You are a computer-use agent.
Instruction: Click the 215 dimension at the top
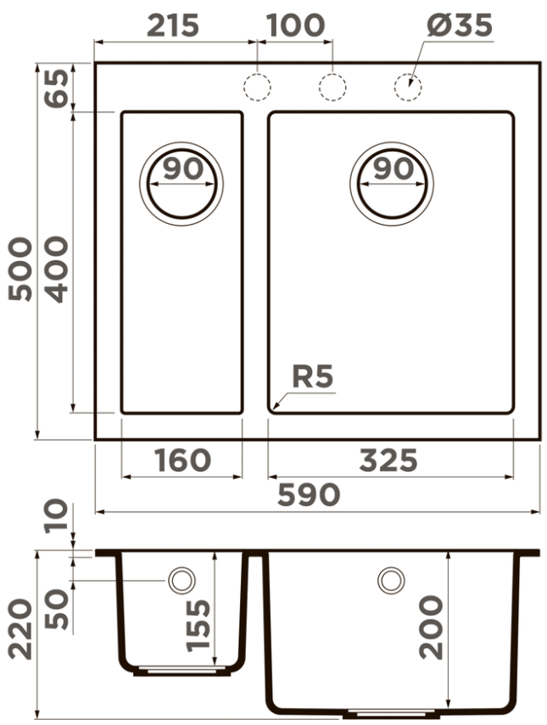(173, 25)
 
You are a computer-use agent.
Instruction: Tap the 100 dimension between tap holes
(295, 25)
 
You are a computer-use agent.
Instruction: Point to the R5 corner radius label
(313, 376)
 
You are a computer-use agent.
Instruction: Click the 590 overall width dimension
(309, 494)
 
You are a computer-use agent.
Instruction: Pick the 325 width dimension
(388, 460)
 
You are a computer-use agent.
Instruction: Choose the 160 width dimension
(182, 460)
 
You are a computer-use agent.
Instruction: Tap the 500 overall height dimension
(21, 269)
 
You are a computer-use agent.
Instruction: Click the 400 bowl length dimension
(57, 270)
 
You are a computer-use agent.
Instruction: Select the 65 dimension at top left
(57, 88)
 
